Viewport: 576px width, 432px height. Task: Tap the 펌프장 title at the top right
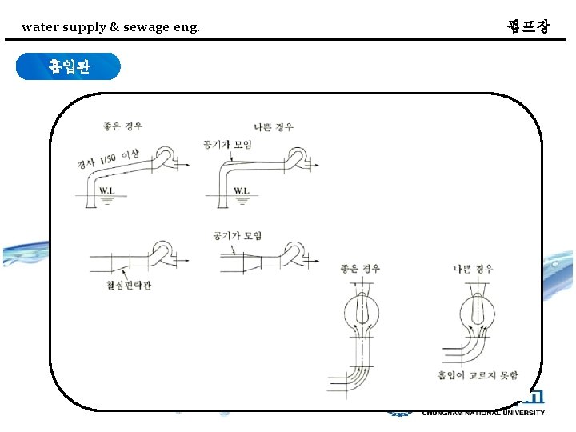click(x=529, y=26)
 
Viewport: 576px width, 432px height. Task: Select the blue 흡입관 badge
click(x=69, y=67)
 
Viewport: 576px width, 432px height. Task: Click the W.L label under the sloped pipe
click(x=108, y=191)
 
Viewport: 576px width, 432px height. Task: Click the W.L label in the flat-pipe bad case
click(x=242, y=191)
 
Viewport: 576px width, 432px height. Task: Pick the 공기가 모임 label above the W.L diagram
click(x=227, y=145)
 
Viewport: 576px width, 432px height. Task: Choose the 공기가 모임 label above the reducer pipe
click(x=238, y=235)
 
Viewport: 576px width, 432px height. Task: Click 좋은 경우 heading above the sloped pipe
click(x=123, y=126)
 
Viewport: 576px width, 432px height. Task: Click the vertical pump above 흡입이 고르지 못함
click(x=474, y=308)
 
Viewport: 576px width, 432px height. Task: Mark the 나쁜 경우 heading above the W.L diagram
click(x=274, y=126)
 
